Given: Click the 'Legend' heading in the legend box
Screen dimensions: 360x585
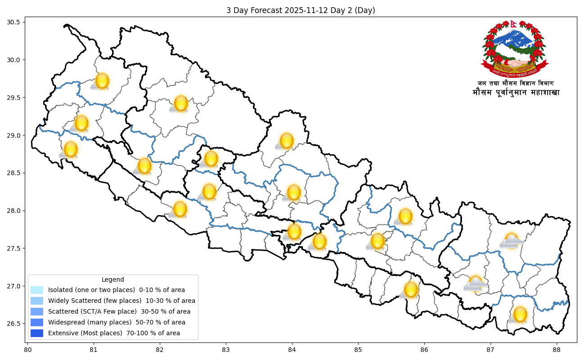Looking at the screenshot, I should [x=112, y=279].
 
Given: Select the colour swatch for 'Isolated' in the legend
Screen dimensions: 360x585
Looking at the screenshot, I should [x=37, y=290].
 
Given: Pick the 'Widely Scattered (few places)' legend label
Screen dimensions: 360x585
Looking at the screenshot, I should [x=121, y=301].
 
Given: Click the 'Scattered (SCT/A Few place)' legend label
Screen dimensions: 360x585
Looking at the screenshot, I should [x=119, y=311].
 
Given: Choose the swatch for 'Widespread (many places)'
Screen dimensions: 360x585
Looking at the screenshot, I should [x=37, y=322].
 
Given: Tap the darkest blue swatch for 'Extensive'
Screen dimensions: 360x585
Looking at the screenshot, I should [x=37, y=333].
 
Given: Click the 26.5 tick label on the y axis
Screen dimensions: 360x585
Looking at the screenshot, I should [x=18, y=324].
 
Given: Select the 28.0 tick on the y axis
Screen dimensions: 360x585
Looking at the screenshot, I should [x=18, y=211].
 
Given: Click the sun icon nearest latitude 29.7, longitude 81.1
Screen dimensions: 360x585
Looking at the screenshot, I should [x=102, y=81].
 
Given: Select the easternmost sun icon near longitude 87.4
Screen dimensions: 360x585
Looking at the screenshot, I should [x=520, y=314].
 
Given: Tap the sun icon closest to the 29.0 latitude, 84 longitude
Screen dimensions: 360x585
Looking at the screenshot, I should [x=287, y=141].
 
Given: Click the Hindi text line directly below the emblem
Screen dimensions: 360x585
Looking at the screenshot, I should [x=515, y=83].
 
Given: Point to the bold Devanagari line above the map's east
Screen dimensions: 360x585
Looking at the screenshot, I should [x=516, y=93].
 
